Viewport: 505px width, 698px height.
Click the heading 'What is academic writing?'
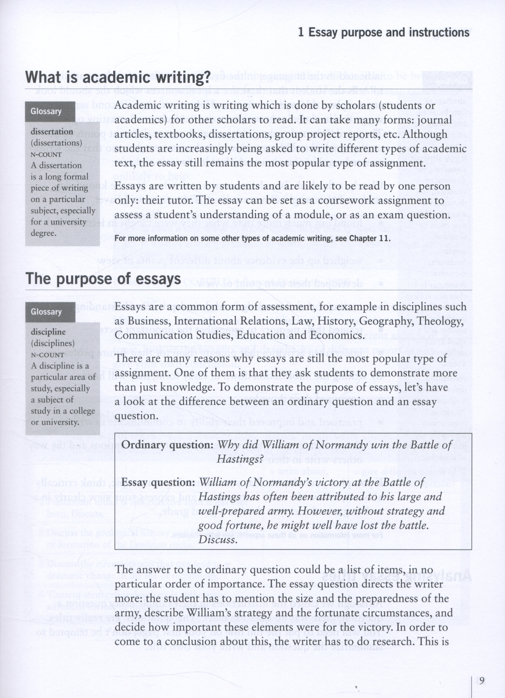pyautogui.click(x=118, y=77)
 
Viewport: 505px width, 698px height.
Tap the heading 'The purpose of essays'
pyautogui.click(x=103, y=279)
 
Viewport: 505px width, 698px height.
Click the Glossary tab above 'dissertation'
pyautogui.click(x=46, y=111)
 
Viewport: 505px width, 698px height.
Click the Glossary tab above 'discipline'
pyautogui.click(x=46, y=312)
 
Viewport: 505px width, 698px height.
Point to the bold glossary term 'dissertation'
pyautogui.click(x=52, y=131)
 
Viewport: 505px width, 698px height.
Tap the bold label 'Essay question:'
pyautogui.click(x=158, y=482)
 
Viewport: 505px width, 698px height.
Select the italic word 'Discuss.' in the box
pyautogui.click(x=218, y=540)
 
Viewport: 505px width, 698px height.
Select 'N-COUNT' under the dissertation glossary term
pyautogui.click(x=46, y=154)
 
